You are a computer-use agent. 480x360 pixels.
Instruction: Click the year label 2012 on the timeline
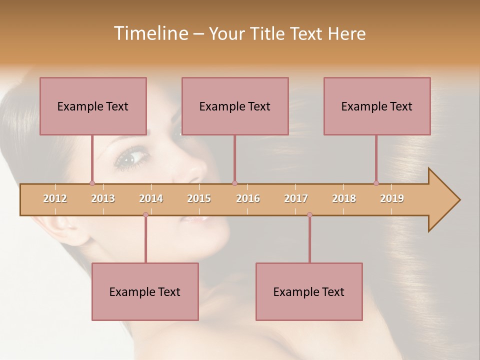coord(55,198)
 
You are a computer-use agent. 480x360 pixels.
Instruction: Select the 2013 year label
coord(103,198)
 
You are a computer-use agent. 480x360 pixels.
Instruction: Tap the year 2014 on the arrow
coord(151,198)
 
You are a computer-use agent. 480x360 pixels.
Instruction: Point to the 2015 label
coord(199,198)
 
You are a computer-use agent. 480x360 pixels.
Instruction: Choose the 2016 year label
coord(248,198)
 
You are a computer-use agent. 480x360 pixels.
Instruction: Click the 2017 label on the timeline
coord(296,198)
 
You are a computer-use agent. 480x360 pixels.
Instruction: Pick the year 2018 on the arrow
coord(344,198)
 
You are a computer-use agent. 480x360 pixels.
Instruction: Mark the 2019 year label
coord(392,198)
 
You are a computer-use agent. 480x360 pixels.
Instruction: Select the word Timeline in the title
coord(150,33)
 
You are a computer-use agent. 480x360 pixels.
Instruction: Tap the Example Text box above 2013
coord(93,106)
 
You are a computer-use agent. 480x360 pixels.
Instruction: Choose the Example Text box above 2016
coord(235,106)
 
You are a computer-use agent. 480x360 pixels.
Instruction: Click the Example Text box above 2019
coord(377,106)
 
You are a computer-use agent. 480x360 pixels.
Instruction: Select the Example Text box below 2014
coord(145,291)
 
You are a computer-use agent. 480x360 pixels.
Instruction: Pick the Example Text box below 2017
coord(309,291)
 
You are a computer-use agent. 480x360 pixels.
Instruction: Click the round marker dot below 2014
coord(145,214)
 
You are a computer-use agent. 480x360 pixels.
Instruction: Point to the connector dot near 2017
coord(309,214)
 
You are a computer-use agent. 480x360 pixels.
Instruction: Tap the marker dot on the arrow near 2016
coord(234,183)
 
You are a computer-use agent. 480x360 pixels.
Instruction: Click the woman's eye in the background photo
coord(131,159)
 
